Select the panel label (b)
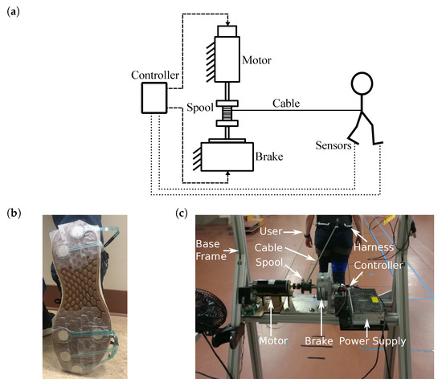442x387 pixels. tap(13, 213)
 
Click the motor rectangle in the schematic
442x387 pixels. tap(234, 58)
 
